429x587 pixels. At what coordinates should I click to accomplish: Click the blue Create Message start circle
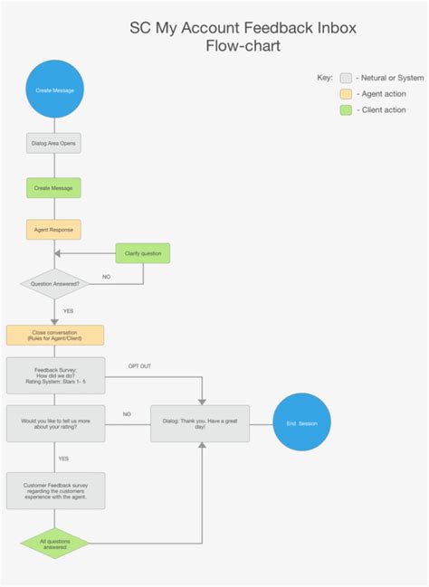coord(54,90)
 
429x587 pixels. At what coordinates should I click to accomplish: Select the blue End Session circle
coord(302,422)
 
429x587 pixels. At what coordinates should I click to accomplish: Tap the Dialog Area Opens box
coord(54,144)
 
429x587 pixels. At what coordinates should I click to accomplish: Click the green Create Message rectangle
coord(54,187)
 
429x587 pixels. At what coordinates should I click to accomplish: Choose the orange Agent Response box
coord(54,230)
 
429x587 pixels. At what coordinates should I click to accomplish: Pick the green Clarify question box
coord(143,253)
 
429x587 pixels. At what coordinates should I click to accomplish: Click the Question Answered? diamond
coord(55,283)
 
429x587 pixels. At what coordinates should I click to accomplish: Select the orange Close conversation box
coord(55,336)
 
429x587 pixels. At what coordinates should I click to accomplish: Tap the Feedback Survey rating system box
coord(55,375)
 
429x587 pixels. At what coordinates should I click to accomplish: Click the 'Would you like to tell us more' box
coord(55,422)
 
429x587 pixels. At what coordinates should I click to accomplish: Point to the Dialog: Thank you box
coord(200,422)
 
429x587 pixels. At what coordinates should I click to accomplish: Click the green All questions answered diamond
coord(55,544)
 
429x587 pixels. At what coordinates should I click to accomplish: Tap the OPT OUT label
coord(139,366)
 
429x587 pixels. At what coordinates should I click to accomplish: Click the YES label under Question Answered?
coord(69,310)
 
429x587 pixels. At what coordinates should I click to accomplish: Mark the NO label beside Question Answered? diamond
coord(106,277)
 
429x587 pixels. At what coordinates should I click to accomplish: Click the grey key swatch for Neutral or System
coord(346,78)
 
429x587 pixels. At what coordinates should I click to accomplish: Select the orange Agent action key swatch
coord(346,94)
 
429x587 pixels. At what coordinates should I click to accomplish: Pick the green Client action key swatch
coord(346,110)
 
